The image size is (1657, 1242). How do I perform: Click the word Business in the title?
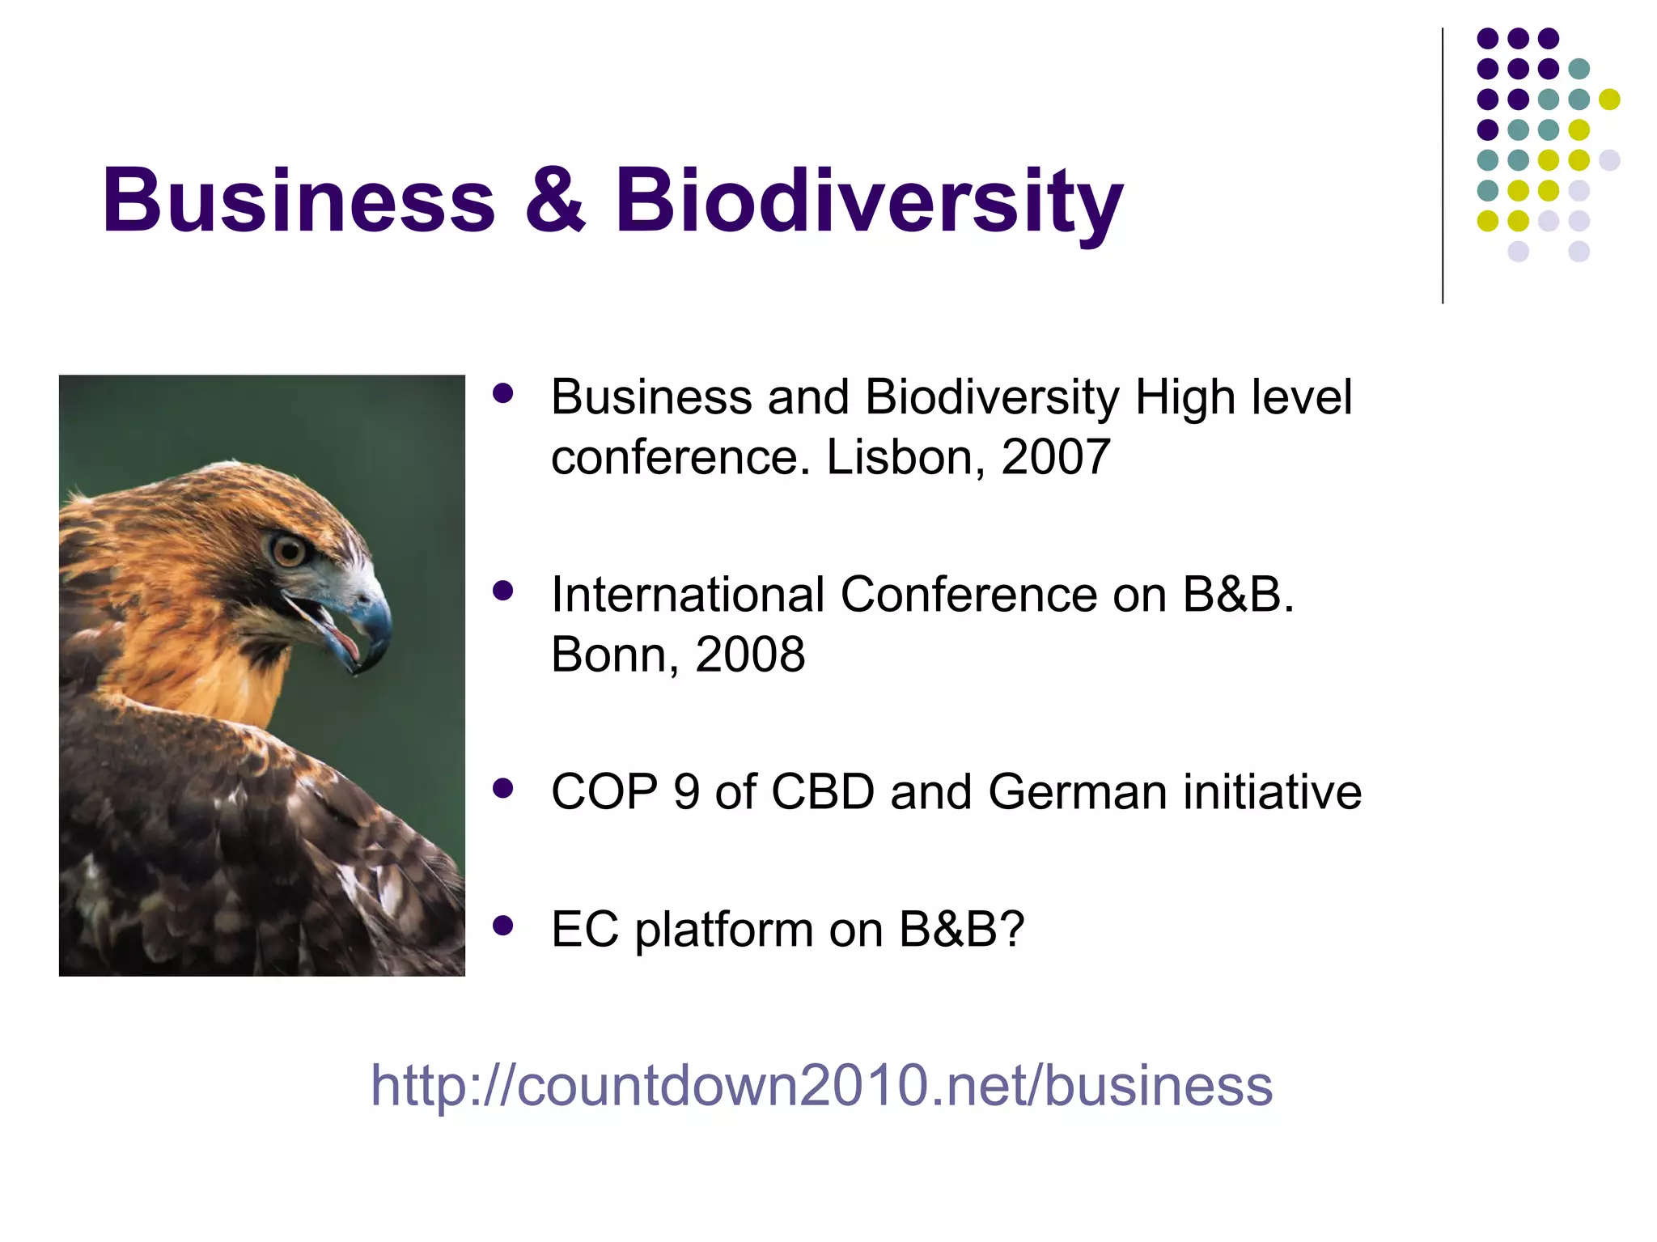[298, 200]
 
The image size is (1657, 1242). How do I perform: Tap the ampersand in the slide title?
[555, 200]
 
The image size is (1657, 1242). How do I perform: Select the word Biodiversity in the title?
[869, 202]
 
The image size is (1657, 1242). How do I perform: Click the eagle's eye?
[288, 551]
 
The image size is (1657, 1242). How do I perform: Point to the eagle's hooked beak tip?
[360, 668]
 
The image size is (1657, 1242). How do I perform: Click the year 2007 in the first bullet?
[1055, 457]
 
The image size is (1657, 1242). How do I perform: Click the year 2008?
[750, 655]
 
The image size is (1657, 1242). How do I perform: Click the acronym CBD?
[822, 791]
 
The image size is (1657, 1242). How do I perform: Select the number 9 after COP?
[686, 791]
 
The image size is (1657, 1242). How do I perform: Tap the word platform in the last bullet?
[723, 930]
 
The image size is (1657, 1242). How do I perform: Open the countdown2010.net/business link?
[821, 1085]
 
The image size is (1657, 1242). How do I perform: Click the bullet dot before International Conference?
[503, 591]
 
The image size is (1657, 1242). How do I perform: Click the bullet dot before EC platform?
[503, 926]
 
